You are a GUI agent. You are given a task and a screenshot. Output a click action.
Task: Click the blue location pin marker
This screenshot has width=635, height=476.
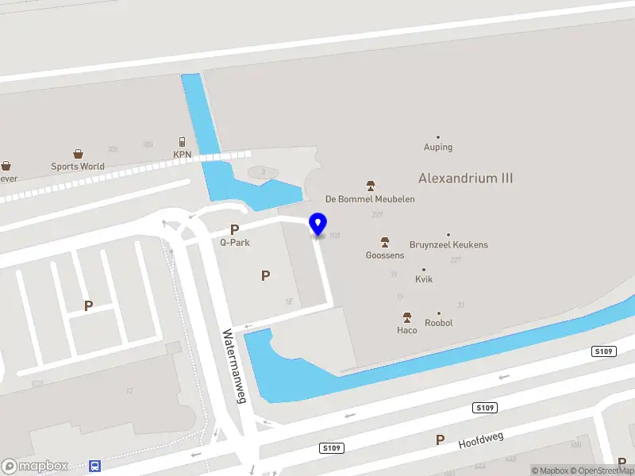click(x=318, y=223)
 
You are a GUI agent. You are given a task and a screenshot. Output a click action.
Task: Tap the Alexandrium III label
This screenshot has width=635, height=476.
click(x=465, y=178)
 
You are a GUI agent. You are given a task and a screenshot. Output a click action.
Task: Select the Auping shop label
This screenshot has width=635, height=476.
click(x=438, y=147)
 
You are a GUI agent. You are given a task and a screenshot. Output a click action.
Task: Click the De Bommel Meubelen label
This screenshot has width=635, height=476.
click(x=371, y=199)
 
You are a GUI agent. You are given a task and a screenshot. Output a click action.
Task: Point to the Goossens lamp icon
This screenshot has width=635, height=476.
click(x=385, y=242)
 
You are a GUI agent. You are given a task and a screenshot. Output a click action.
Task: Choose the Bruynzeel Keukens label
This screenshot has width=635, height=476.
click(x=448, y=245)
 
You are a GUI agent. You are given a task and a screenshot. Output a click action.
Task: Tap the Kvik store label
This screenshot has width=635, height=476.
click(x=424, y=279)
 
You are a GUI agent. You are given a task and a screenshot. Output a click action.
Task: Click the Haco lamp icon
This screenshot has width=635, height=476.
click(x=407, y=317)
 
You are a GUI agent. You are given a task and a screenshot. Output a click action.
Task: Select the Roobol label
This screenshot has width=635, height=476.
click(x=438, y=323)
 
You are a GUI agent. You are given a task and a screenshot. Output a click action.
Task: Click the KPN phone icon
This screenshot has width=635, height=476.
click(x=182, y=142)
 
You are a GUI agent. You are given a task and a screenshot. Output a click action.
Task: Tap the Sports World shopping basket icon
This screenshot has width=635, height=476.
click(x=79, y=154)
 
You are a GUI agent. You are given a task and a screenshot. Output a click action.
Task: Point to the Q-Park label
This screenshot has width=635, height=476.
click(x=235, y=242)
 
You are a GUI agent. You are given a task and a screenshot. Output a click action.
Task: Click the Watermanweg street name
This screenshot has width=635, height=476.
click(x=236, y=367)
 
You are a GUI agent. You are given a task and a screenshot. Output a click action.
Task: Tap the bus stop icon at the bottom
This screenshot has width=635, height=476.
click(x=95, y=466)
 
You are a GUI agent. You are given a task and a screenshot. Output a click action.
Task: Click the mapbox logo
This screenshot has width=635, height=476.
click(x=35, y=466)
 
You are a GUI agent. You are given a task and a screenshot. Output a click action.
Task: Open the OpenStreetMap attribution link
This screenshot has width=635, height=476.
click(x=607, y=470)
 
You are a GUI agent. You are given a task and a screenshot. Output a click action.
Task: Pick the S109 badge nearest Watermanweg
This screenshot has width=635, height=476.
click(x=333, y=448)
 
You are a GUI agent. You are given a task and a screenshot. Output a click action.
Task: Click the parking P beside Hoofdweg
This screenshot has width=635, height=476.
click(x=440, y=440)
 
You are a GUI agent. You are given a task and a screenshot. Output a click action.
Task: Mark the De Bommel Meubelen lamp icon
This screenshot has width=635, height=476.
click(x=371, y=185)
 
